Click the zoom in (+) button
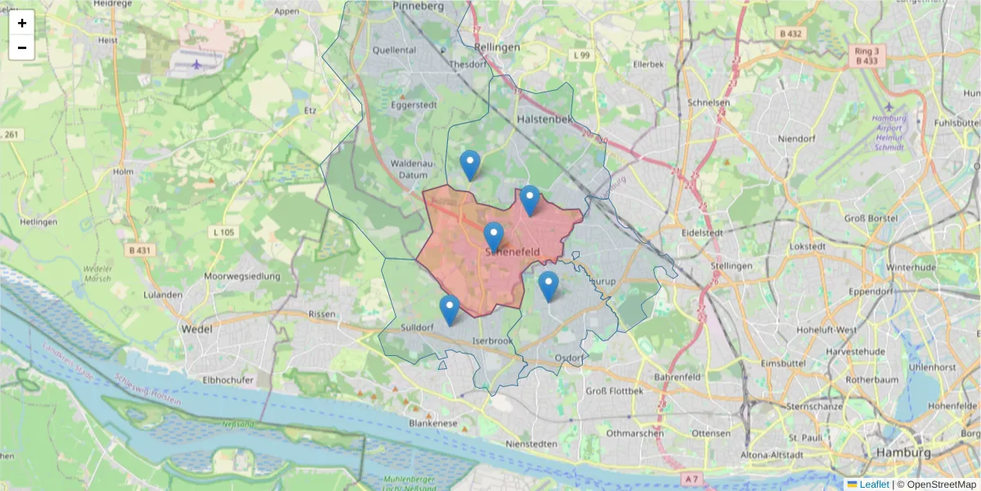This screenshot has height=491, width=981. pos(22,23)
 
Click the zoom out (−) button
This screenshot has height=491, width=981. pos(22,47)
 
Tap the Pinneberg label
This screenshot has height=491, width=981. pos(418,6)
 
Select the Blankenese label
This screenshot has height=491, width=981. pos(432,424)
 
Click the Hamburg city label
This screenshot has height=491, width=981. pos(903,453)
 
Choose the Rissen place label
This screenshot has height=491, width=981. pos(321,314)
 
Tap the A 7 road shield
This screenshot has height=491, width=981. pos(692,477)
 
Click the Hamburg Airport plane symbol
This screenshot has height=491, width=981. pos(889,107)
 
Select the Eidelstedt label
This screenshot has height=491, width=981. pos(702,232)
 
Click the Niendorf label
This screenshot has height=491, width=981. pos(798,138)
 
